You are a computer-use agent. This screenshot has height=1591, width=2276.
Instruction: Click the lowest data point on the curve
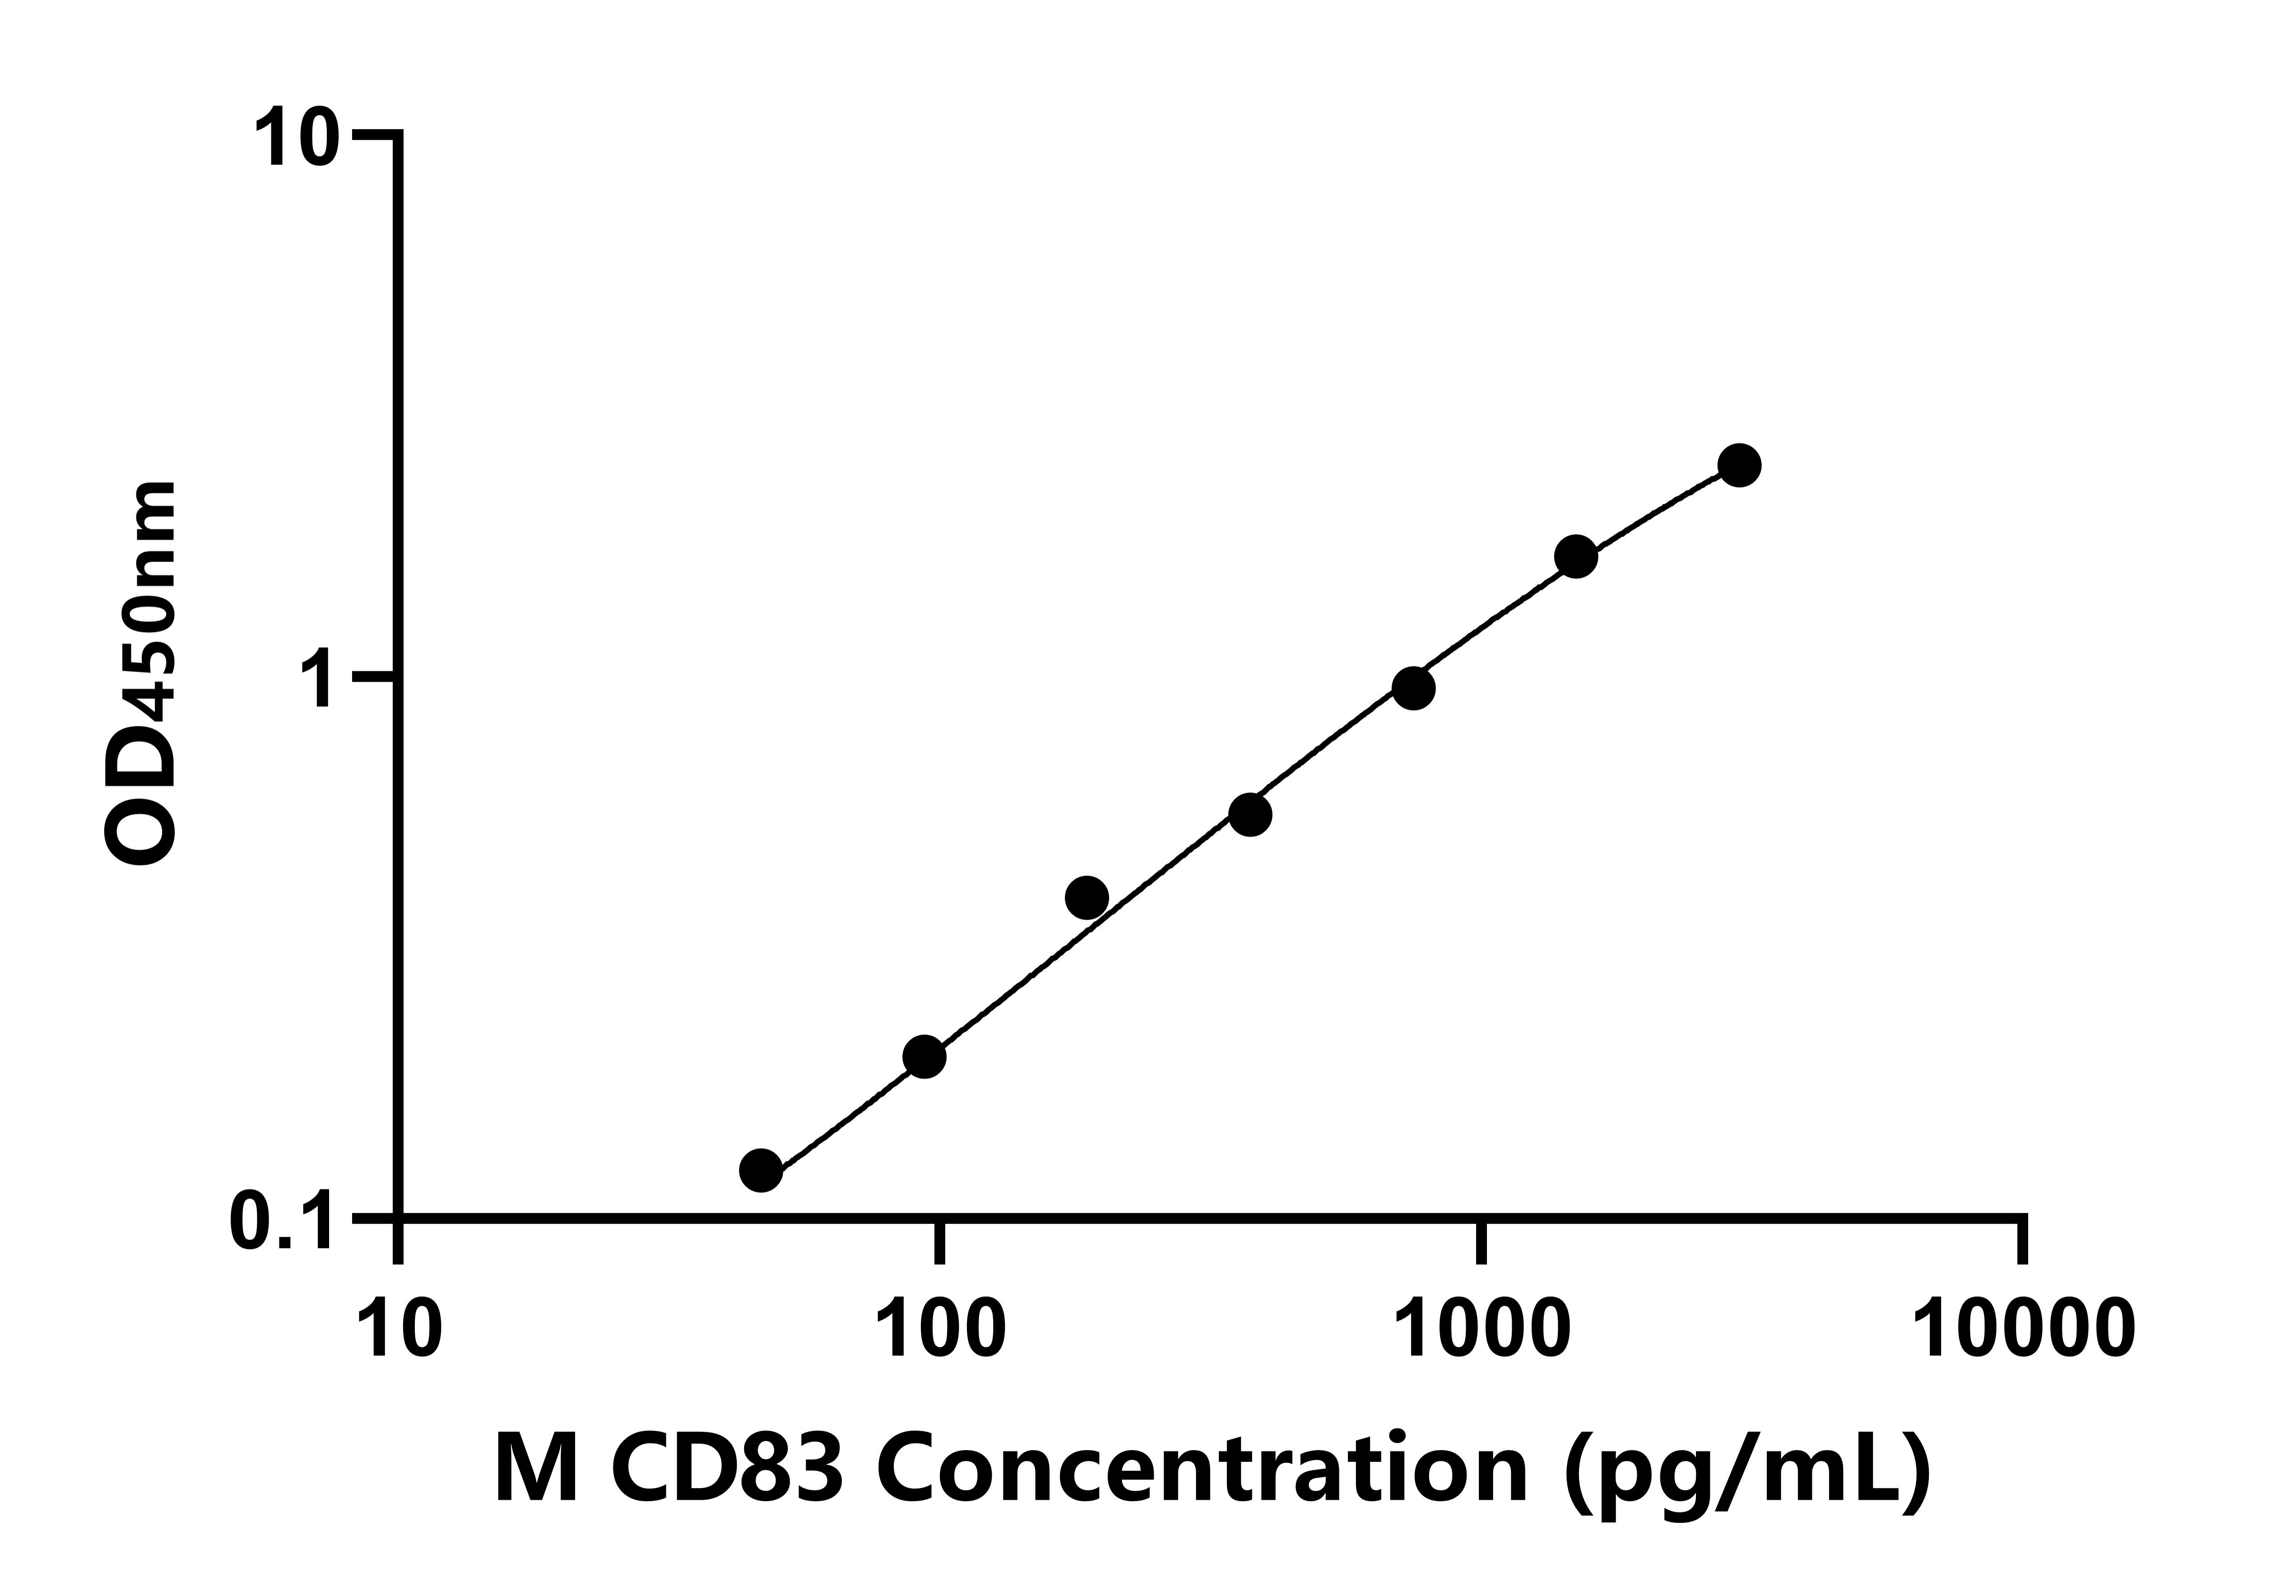click(760, 1171)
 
